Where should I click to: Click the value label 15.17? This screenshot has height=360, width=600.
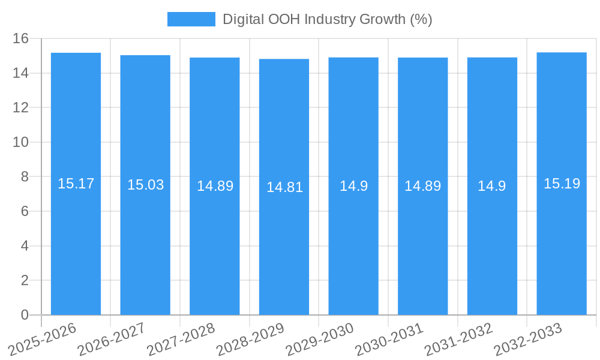coord(76,184)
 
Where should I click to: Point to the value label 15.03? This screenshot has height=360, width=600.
coord(145,185)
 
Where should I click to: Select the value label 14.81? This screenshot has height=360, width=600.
coord(284,187)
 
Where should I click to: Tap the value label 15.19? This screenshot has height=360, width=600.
coord(562,184)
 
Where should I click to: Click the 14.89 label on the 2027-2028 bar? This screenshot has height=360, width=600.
coord(215,186)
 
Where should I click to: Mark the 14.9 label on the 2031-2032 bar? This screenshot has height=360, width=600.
coord(492,186)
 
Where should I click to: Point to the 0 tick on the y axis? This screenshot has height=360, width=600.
coord(25,315)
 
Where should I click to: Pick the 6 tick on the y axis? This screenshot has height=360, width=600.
coord(25,211)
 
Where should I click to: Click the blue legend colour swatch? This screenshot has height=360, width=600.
coord(191,19)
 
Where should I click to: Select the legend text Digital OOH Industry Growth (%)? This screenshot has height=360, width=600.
coord(327,19)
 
